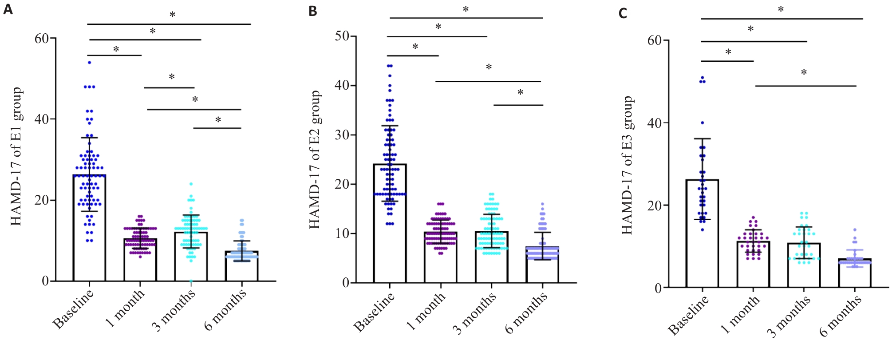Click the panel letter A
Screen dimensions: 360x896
click(8, 8)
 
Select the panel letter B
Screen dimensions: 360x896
click(313, 11)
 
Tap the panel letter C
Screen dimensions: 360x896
click(623, 13)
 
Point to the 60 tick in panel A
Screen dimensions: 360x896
click(42, 39)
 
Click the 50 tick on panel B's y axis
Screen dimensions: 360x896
click(342, 36)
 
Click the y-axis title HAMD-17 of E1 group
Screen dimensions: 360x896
click(16, 156)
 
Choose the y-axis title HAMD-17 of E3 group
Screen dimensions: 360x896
click(627, 165)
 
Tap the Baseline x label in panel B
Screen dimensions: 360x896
click(374, 313)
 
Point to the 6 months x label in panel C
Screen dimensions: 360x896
click(840, 316)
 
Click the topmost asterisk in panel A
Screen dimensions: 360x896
click(172, 15)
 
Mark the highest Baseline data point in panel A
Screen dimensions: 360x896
click(89, 63)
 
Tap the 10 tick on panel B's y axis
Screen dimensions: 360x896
click(342, 233)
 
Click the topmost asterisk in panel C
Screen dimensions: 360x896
click(781, 9)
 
